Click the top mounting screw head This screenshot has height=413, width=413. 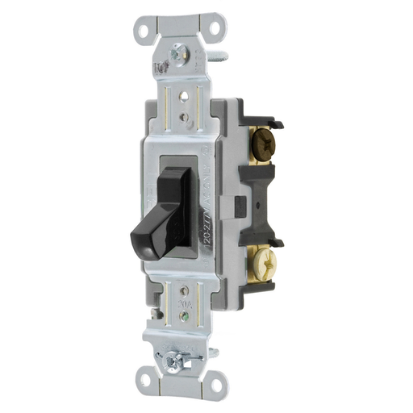177,56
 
